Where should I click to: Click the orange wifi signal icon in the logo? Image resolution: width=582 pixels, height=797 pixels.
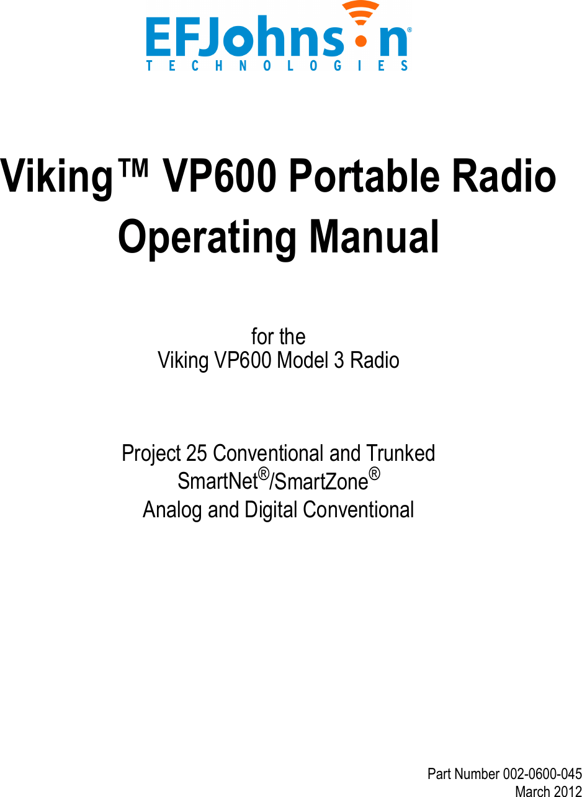(360, 25)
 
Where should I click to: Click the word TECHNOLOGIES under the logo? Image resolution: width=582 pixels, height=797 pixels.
(277, 66)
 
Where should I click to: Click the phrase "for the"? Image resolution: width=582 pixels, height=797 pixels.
(278, 337)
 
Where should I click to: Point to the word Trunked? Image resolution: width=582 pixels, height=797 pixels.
(400, 453)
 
